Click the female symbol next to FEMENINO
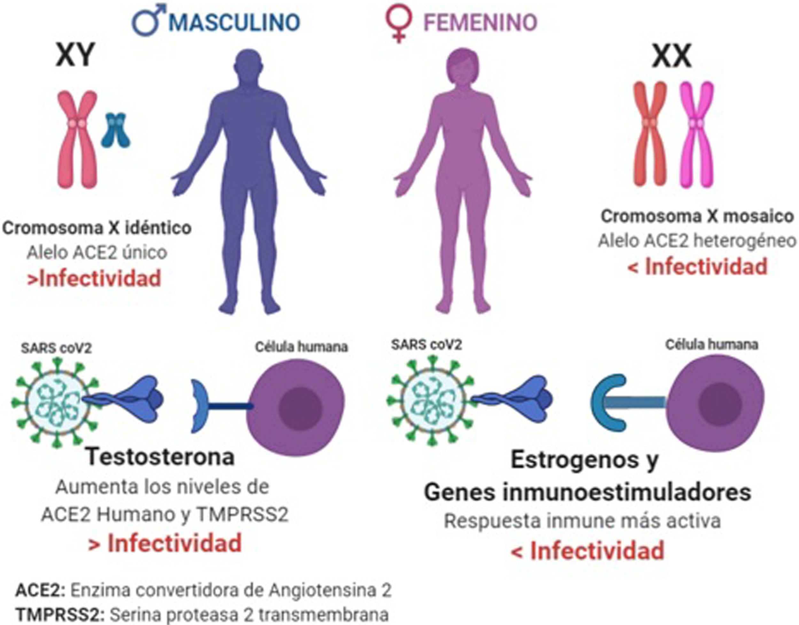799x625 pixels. [399, 23]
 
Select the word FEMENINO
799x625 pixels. [480, 23]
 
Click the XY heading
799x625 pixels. [75, 55]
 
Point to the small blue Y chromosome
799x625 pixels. [116, 130]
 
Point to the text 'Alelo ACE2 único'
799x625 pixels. [97, 253]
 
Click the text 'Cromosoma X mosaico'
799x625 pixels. [697, 216]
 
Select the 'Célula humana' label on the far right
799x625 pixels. [711, 345]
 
